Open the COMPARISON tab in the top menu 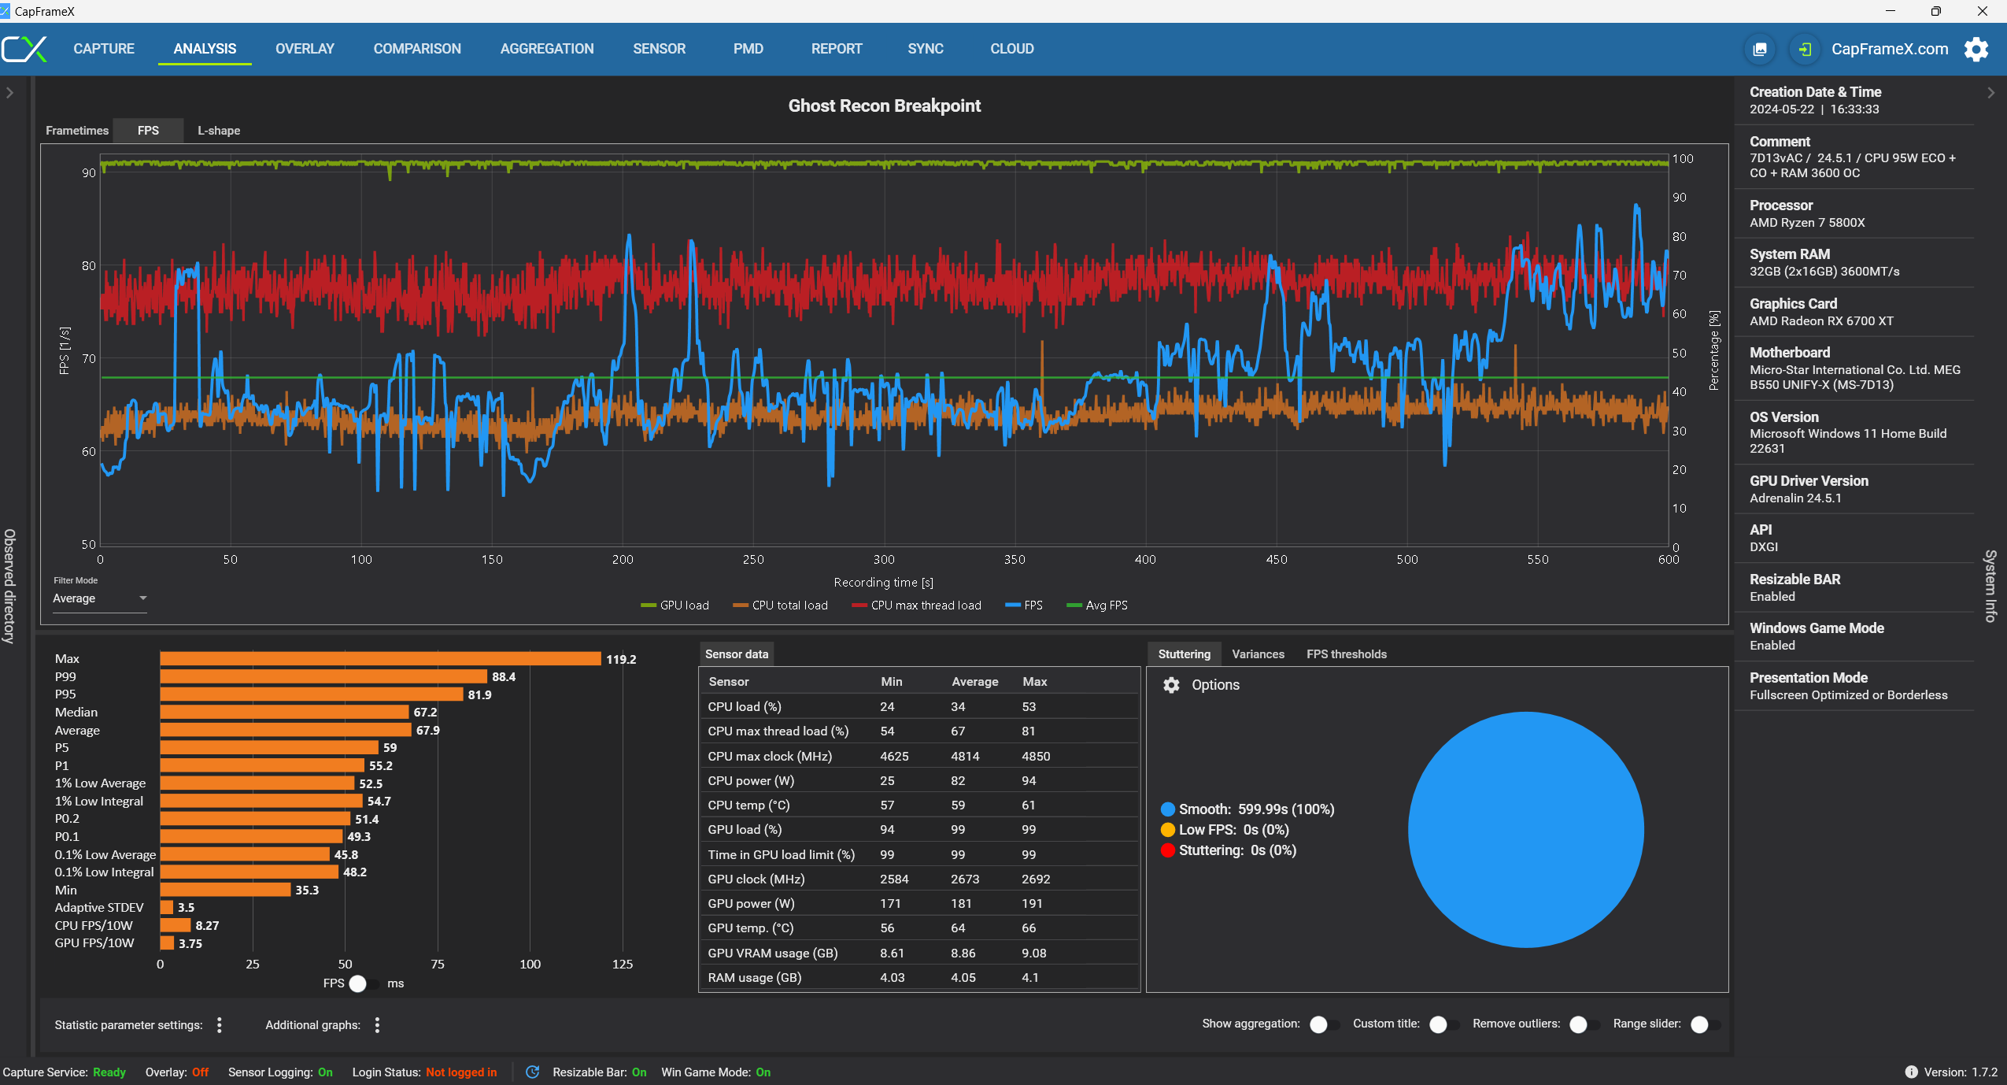click(417, 49)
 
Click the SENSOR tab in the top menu click(659, 49)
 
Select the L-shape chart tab click(219, 131)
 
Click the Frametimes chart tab click(77, 131)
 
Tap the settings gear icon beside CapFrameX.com click(1976, 49)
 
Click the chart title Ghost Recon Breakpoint click(884, 106)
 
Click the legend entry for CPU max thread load click(917, 605)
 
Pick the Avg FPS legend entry click(1097, 605)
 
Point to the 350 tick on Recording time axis click(1015, 559)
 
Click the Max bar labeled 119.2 click(380, 659)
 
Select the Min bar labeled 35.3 click(225, 890)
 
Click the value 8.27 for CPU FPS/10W click(207, 926)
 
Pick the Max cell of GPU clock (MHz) click(1036, 879)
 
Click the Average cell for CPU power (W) click(958, 781)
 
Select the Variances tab click(1258, 654)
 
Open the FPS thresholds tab click(1346, 654)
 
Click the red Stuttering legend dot click(1168, 850)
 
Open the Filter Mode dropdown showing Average click(99, 598)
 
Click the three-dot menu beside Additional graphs click(378, 1025)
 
